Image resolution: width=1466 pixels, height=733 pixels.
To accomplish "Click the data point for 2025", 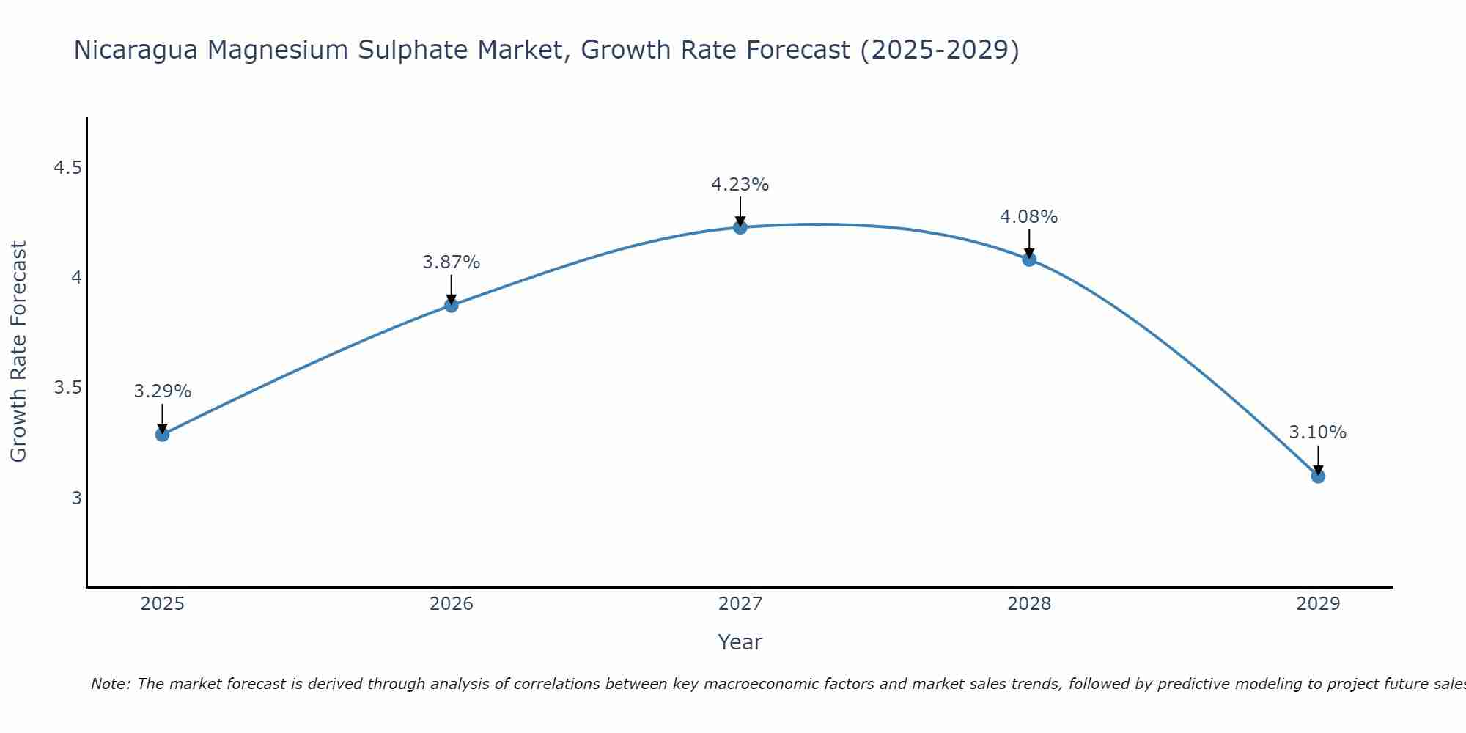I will [162, 435].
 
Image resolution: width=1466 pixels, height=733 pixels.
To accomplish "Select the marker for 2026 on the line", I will [452, 305].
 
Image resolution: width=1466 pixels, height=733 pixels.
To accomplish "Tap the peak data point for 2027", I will [740, 227].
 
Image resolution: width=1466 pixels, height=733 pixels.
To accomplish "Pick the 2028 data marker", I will [1029, 259].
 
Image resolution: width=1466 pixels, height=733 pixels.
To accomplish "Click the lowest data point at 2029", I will [1318, 476].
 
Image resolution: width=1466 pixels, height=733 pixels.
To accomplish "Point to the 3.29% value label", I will [162, 391].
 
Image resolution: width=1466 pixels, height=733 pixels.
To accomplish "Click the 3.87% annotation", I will [452, 262].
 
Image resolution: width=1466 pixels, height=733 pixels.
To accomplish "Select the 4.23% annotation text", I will [740, 185].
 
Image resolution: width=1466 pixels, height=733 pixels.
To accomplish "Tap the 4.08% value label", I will [1029, 217].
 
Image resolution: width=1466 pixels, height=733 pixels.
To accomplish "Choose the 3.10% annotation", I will [1318, 432].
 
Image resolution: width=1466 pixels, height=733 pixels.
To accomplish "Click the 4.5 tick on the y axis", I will [67, 169].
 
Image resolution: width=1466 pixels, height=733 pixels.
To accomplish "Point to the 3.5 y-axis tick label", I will [67, 388].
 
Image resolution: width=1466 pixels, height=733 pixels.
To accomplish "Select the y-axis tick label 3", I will [76, 498].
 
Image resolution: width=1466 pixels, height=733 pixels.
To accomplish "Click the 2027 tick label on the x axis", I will [740, 604].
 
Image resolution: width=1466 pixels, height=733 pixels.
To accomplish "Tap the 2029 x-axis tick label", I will [1318, 604].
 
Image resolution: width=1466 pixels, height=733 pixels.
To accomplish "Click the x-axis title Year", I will [740, 642].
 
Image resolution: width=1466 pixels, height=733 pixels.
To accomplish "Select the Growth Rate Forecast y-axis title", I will [19, 352].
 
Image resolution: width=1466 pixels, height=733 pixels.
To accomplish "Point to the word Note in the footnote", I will [110, 684].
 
